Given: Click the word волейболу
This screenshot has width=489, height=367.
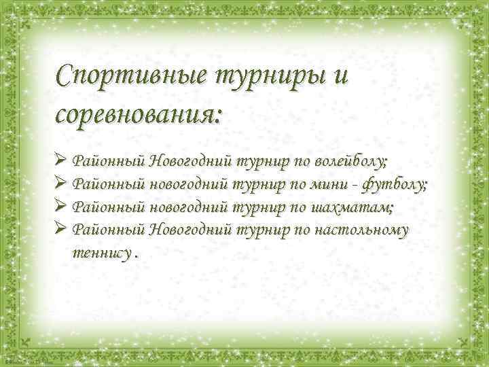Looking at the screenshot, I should (x=350, y=162).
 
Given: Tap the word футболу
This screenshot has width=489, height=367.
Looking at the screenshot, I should (x=395, y=184).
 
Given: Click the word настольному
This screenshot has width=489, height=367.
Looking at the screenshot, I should (x=361, y=229).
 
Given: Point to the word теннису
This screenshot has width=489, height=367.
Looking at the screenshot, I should (x=101, y=252).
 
